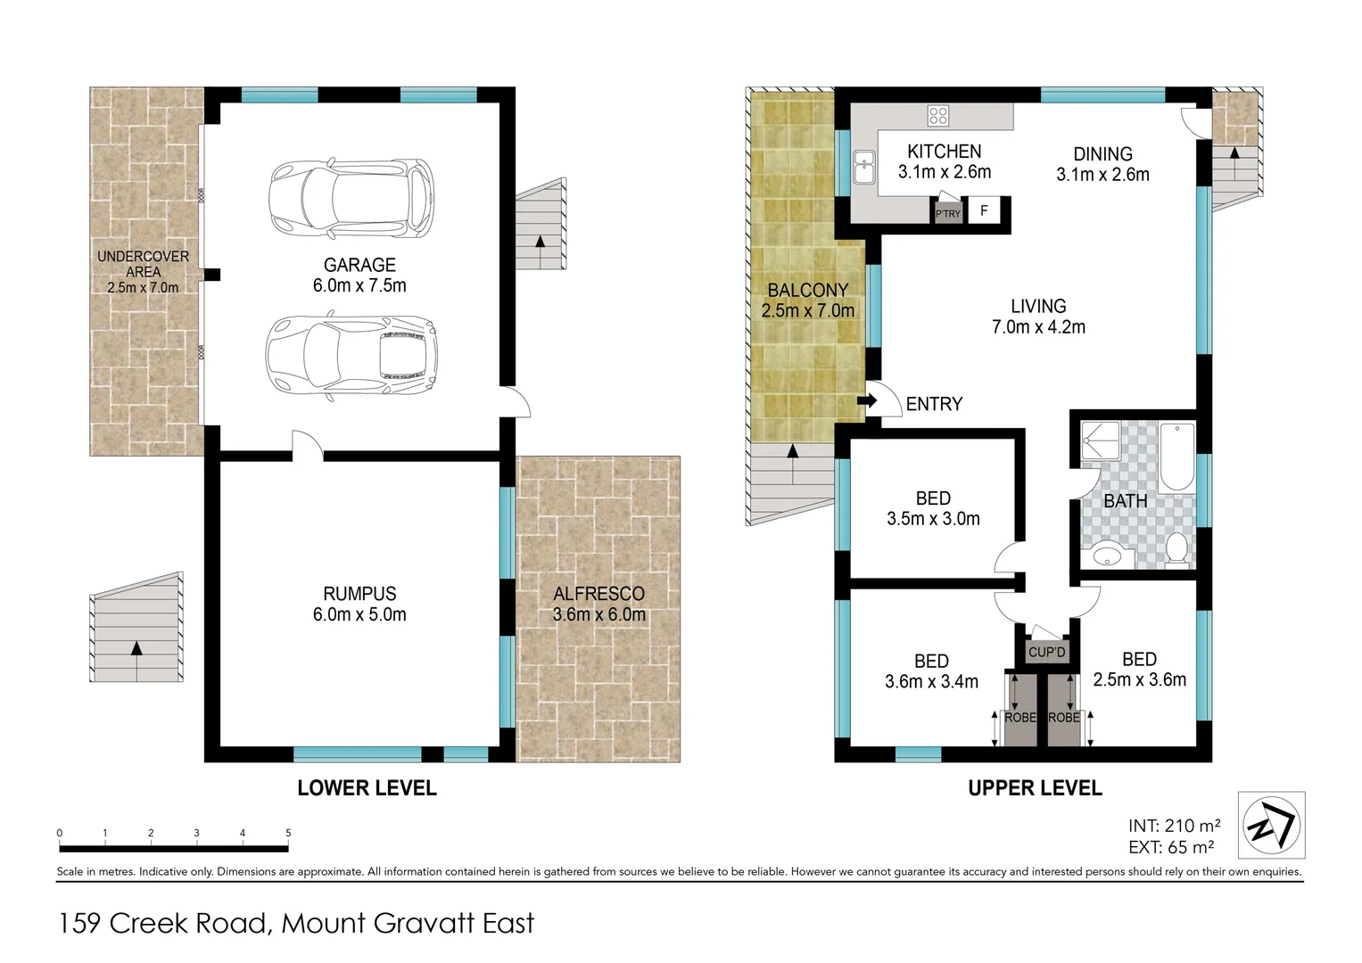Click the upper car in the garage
[x=351, y=198]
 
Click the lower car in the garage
[x=351, y=354]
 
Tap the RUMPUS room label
[x=359, y=594]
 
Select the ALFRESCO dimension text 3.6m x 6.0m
[x=598, y=614]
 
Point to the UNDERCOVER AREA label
[x=143, y=264]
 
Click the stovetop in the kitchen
[x=938, y=116]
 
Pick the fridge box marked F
[x=984, y=211]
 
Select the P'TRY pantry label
[x=947, y=214]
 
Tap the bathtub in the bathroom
[x=1177, y=457]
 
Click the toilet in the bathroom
[x=1176, y=548]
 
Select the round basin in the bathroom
[x=1106, y=554]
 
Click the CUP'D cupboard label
[x=1046, y=653]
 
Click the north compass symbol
[x=1271, y=825]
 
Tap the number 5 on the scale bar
[x=288, y=834]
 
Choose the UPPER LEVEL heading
[x=1035, y=788]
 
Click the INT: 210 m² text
[x=1174, y=826]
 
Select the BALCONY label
[x=807, y=291]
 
